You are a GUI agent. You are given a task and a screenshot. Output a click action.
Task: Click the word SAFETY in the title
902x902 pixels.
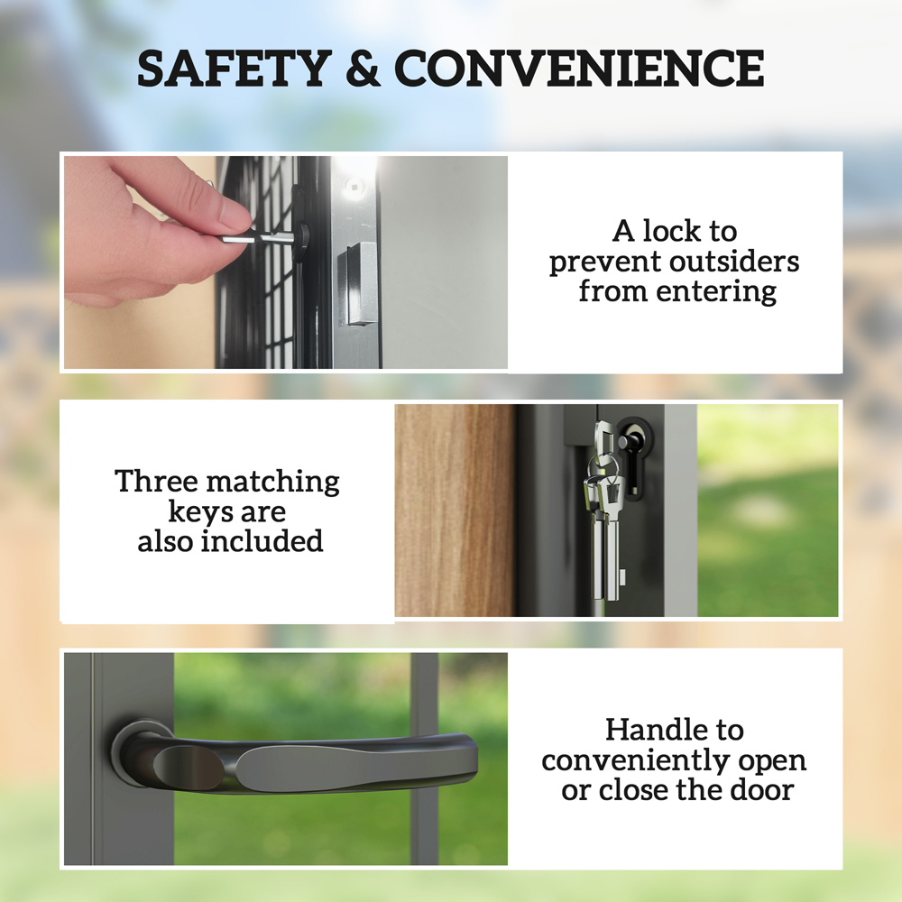click(x=233, y=69)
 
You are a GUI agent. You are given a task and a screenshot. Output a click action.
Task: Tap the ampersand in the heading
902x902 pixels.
click(x=364, y=69)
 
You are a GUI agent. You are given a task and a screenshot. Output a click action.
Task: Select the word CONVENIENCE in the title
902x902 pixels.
click(x=579, y=69)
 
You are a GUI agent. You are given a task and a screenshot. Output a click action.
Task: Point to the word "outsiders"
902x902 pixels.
click(x=735, y=262)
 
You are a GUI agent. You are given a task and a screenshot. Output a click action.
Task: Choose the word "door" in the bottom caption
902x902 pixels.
click(x=761, y=790)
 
